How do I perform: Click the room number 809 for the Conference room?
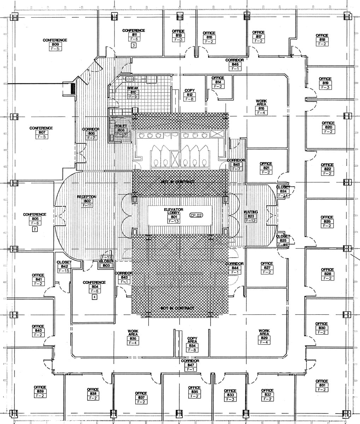(55, 45)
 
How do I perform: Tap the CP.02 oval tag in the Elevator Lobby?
(196, 215)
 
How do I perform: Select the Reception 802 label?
(86, 201)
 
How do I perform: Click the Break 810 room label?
(133, 92)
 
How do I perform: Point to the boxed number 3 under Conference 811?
(134, 45)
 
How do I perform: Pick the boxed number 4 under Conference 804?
(94, 297)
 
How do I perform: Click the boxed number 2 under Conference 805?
(35, 229)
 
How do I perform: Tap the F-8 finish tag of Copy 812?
(189, 99)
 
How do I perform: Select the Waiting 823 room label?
(251, 216)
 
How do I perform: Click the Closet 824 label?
(283, 191)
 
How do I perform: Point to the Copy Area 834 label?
(192, 344)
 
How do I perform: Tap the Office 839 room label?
(40, 391)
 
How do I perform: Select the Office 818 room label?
(322, 40)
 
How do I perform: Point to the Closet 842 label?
(64, 266)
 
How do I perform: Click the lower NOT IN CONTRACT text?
(177, 308)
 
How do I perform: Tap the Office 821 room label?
(266, 168)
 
